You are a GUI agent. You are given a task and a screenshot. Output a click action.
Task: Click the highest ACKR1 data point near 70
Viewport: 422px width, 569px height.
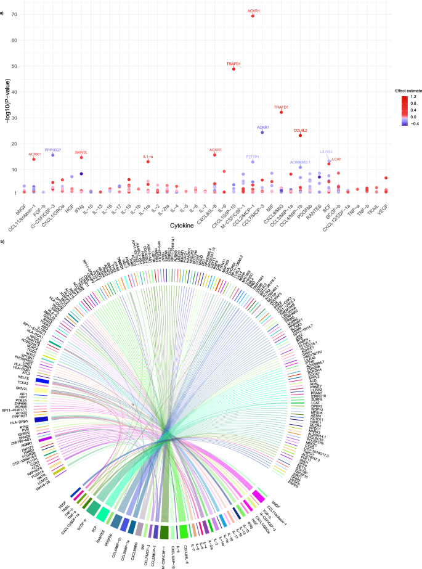coord(253,15)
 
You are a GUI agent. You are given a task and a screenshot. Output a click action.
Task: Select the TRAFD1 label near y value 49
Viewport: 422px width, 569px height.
coord(233,63)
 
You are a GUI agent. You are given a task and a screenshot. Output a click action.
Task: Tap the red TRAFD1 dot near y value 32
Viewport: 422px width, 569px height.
coord(282,112)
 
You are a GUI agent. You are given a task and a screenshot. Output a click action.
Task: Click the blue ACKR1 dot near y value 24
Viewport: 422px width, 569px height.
coord(262,133)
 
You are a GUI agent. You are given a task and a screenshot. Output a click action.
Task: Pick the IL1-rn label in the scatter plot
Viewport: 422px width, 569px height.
coord(148,157)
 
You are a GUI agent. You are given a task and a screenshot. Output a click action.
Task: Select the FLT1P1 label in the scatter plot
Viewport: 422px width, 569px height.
coord(253,157)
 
